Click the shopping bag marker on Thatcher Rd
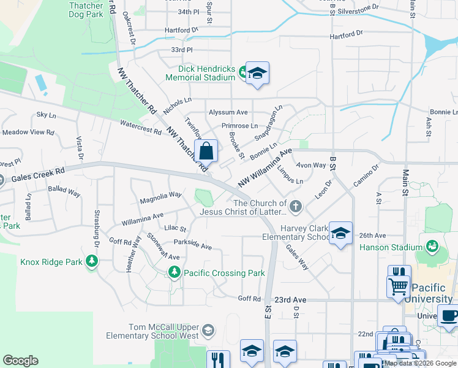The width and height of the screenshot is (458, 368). [206, 150]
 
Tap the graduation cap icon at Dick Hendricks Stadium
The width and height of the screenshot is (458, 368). [258, 74]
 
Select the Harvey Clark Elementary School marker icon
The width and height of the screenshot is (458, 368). [340, 233]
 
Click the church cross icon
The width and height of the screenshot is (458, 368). [296, 207]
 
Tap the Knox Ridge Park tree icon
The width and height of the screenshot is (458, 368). [92, 262]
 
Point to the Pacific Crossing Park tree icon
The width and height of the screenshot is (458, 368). [175, 272]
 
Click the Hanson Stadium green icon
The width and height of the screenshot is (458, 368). [432, 247]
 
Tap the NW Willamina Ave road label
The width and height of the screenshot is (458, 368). [263, 168]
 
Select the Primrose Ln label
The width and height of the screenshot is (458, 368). [239, 125]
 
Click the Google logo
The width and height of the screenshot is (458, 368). [20, 361]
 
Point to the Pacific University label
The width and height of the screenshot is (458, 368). [434, 293]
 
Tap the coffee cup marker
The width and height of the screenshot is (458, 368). [448, 316]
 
